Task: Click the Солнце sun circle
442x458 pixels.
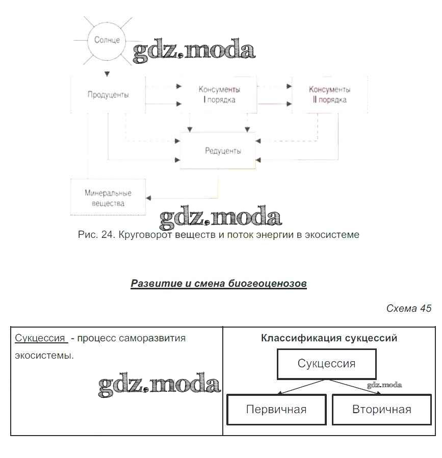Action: (107, 39)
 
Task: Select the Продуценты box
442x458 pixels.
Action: (108, 95)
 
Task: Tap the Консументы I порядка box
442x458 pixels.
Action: (219, 94)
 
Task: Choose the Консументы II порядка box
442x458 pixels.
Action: (329, 94)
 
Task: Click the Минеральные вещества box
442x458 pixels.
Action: (108, 198)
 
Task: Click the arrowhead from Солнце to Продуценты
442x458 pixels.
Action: (107, 73)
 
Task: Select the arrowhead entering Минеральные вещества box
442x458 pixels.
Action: (148, 198)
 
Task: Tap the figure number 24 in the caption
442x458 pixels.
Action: (107, 235)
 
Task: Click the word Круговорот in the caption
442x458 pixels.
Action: (145, 235)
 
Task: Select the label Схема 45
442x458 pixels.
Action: (409, 308)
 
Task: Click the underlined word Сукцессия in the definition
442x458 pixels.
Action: (40, 338)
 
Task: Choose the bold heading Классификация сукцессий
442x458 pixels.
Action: (329, 338)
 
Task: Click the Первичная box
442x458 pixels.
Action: (276, 409)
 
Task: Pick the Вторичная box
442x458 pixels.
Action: (381, 409)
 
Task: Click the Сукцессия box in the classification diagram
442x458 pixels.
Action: (326, 364)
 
